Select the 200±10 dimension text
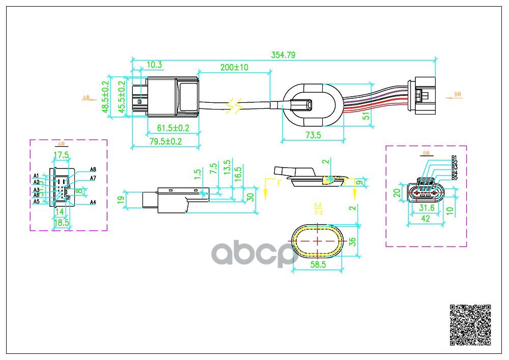(234, 67)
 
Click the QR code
(471, 324)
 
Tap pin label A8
(93, 169)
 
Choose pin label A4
(93, 202)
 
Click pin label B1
(454, 157)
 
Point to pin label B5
(454, 177)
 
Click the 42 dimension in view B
(426, 218)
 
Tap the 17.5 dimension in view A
(61, 155)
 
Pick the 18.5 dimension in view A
(61, 223)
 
